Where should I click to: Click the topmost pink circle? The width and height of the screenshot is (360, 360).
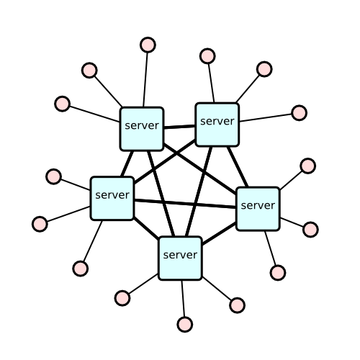148,45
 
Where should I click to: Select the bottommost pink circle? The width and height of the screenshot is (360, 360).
185,325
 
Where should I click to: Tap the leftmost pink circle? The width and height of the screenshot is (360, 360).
40,224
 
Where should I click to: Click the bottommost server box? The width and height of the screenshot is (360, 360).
180,258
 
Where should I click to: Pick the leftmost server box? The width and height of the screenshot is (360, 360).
112,199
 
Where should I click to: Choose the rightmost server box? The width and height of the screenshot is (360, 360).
258,209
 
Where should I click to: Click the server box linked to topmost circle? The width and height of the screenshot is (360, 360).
142,129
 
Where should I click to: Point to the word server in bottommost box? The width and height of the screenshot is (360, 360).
180,255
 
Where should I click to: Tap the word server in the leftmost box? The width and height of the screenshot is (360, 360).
112,195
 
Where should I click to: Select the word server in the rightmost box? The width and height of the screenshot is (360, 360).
258,206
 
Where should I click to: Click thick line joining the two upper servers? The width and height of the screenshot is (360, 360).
180,127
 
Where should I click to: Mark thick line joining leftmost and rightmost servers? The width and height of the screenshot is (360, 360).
185,204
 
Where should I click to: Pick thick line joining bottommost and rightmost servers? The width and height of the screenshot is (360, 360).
219,234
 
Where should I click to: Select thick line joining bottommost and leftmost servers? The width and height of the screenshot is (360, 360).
146,228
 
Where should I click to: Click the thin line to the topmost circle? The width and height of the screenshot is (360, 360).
145,80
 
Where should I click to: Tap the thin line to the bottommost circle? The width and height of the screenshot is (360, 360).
184,298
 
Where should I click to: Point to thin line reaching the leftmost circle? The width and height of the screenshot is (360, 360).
68,214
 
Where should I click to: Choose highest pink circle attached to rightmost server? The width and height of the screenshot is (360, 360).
308,166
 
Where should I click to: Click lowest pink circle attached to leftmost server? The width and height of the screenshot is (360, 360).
81,269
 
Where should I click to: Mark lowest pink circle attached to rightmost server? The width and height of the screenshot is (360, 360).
278,273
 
